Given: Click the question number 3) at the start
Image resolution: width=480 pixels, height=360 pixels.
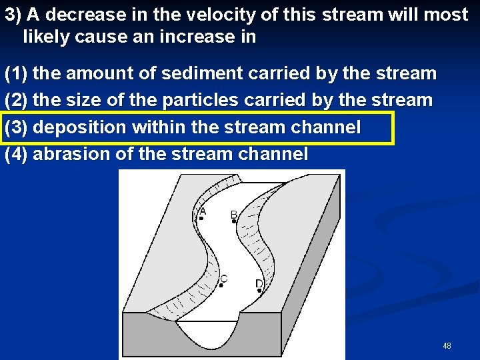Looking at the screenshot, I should point(13,15).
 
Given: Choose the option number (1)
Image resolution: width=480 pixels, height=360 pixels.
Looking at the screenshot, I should point(16,73).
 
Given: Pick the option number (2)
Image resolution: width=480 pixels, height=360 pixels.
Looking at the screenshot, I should point(16,101).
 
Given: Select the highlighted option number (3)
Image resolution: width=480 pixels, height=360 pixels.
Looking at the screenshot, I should point(16,127).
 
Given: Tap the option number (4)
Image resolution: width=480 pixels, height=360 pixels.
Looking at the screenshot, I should point(16,155).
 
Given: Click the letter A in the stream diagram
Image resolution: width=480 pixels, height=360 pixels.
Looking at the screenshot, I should point(203,212).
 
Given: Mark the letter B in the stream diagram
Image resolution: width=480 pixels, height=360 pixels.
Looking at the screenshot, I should point(233,215).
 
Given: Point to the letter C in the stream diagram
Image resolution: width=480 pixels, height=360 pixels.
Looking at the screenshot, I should point(223,279).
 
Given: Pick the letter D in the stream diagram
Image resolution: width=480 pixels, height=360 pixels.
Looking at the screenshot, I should point(259,284).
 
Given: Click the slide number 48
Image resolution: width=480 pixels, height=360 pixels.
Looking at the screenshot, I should point(447,346).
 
